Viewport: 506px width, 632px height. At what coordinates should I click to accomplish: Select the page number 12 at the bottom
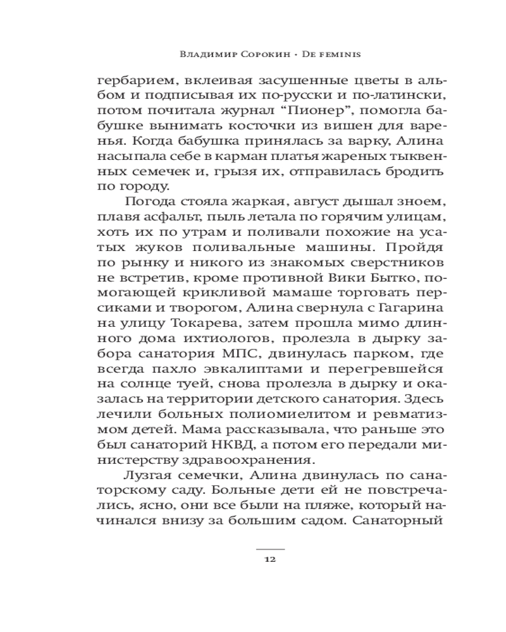[270, 559]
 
